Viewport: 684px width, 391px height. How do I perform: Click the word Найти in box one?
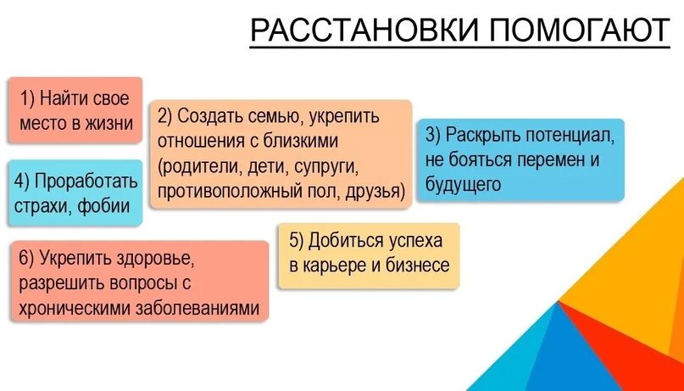pos(64,98)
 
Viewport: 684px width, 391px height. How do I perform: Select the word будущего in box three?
pos(464,183)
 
